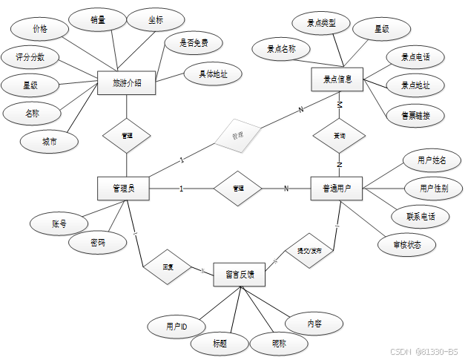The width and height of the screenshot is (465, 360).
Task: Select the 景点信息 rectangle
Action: coord(337,79)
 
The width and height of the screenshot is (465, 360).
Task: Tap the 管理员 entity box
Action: coord(123,189)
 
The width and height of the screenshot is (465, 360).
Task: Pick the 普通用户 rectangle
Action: coord(337,189)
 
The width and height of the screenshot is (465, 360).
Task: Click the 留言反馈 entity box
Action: coord(240,274)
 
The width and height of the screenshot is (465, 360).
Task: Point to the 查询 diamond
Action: coord(339,137)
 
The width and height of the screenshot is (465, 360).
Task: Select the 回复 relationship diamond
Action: coord(168,266)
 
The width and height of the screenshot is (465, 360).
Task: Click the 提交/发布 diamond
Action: coord(310,249)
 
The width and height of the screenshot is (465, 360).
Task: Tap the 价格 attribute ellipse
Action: coord(40,28)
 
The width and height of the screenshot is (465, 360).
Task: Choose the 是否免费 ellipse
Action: coord(194,43)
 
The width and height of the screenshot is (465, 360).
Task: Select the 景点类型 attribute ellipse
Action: coord(321,24)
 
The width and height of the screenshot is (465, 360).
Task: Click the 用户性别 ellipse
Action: coord(434,189)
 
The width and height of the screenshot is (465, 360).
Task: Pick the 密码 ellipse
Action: coord(97,243)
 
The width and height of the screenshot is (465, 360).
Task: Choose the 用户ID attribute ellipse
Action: coord(177,326)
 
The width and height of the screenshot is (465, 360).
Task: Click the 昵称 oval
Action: coord(279,343)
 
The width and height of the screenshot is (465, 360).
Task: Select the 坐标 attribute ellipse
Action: coord(155,20)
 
